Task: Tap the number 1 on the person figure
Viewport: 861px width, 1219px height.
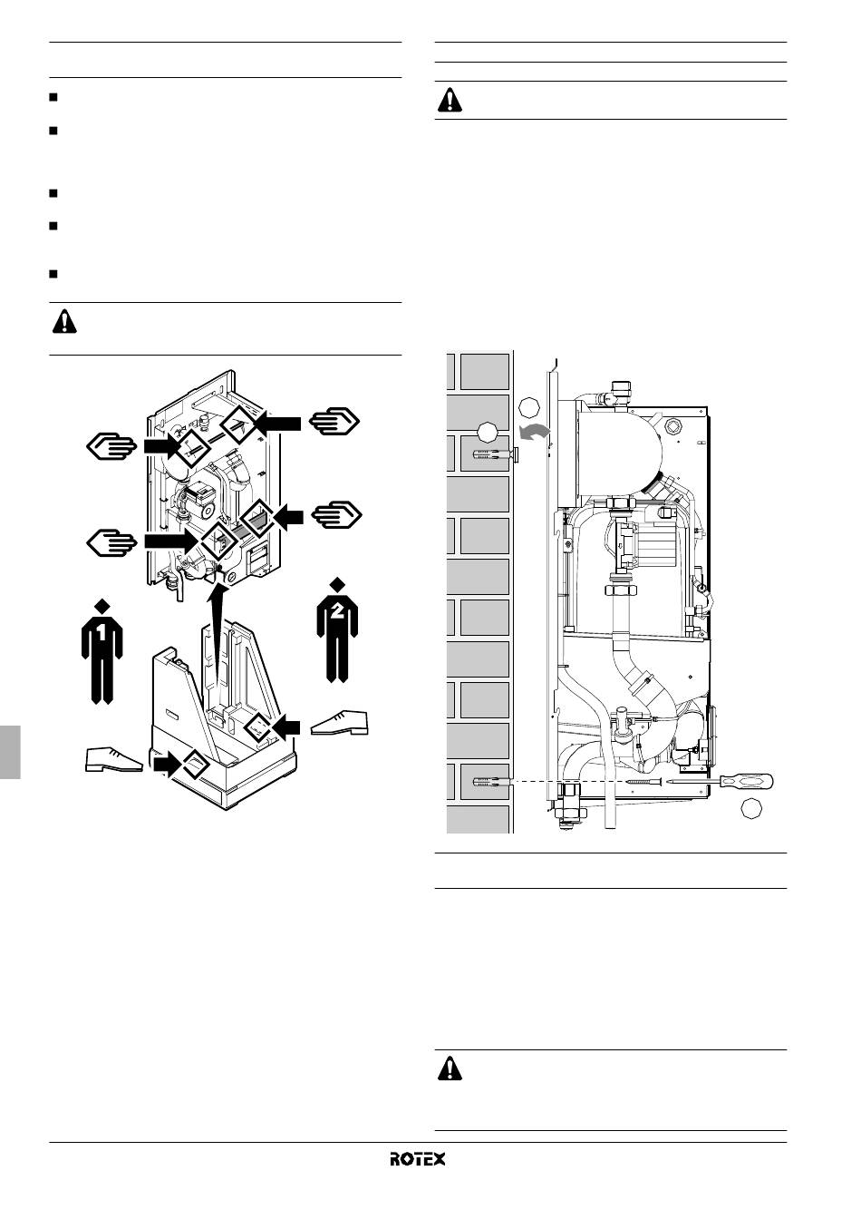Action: click(x=102, y=632)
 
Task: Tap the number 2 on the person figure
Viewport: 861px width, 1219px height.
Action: click(x=337, y=611)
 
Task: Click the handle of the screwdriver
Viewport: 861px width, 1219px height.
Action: click(x=746, y=782)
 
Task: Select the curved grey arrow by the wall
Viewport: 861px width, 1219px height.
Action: click(x=534, y=432)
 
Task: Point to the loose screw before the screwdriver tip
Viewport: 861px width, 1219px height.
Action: click(x=644, y=782)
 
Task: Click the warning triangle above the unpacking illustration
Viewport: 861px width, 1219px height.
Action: click(x=64, y=321)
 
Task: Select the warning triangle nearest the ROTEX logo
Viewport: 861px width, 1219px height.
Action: click(x=450, y=1068)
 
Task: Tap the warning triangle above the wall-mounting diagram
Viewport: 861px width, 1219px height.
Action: click(x=450, y=100)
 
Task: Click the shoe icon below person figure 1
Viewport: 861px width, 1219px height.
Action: click(x=114, y=759)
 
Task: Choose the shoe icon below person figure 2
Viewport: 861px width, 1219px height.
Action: click(x=339, y=723)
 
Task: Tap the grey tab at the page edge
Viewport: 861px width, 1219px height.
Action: click(x=10, y=752)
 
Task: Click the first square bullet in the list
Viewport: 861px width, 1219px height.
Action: click(x=53, y=97)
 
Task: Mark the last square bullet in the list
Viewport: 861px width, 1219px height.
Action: click(x=53, y=274)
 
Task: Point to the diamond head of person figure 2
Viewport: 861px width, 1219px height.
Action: click(x=338, y=584)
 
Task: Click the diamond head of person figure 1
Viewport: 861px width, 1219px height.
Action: click(x=102, y=605)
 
